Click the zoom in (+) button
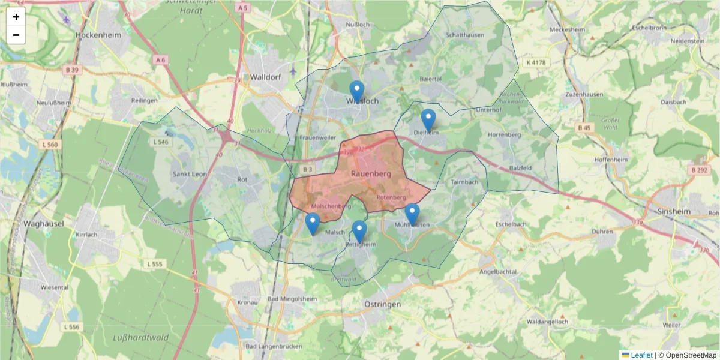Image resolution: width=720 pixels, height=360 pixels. point(16,17)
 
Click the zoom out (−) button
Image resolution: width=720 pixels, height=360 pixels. point(16,35)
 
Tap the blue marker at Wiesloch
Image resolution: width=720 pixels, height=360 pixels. point(357,92)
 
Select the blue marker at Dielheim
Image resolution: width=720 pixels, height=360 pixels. point(428,120)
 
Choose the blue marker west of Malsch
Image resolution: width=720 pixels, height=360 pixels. point(313,224)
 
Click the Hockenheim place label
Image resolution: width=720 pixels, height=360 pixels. point(98,35)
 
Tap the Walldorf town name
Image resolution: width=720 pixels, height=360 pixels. point(265,77)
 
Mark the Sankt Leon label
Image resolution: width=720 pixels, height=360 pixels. point(190,174)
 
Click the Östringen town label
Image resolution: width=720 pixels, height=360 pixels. point(382,305)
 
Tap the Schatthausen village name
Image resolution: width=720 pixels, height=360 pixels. point(465,35)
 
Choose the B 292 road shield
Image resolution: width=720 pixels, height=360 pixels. point(699,170)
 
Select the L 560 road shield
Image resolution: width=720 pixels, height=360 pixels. point(52,145)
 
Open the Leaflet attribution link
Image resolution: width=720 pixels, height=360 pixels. point(641,355)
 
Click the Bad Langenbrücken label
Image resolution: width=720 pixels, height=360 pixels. point(270,347)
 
